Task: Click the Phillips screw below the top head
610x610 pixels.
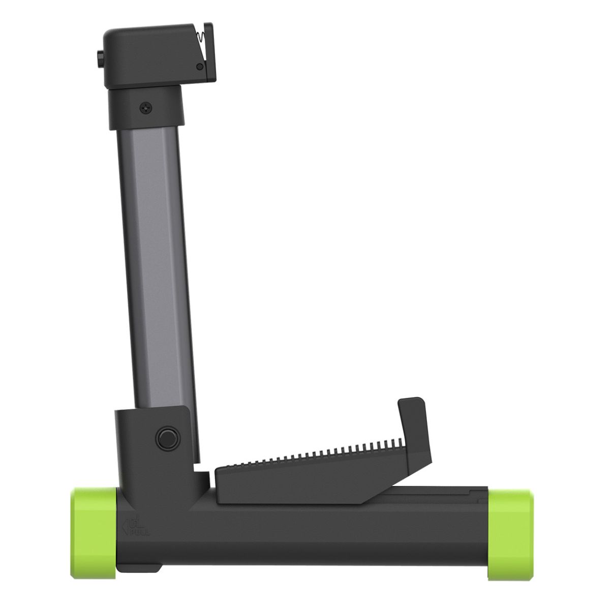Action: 146,107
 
